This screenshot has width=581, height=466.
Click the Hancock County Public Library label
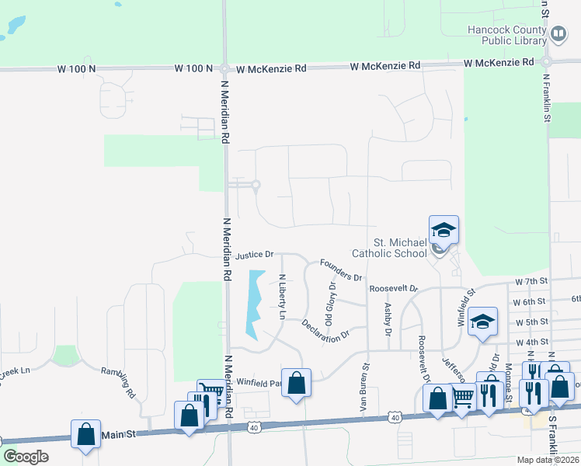[x=504, y=35]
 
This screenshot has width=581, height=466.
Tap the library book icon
[x=558, y=34]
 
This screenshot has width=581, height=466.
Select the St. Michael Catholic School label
[x=389, y=248]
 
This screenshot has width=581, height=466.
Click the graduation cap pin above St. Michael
[x=444, y=230]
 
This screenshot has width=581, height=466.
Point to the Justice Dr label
[x=255, y=255]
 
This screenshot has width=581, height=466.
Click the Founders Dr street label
[x=340, y=271]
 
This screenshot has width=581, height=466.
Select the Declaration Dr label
[x=325, y=330]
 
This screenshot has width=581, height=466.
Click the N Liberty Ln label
[x=282, y=297]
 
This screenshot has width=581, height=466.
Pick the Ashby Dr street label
[x=386, y=319]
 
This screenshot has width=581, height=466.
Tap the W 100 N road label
[x=76, y=69]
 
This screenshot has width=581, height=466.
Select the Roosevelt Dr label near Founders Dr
[x=393, y=287]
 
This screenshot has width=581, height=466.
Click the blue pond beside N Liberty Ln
[x=254, y=303]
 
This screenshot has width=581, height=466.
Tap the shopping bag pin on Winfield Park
[x=296, y=383]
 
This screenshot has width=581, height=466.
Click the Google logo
[x=26, y=457]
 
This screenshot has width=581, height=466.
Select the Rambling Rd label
[x=121, y=382]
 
